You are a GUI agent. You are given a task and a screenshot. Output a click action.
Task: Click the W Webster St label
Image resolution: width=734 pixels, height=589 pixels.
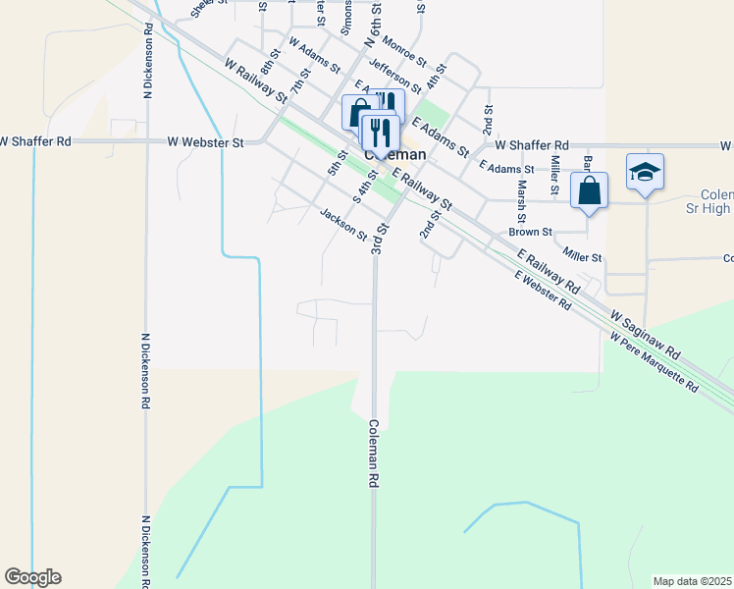coord(205,142)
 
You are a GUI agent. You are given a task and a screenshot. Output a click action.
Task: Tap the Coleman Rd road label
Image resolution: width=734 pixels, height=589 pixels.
coord(374,455)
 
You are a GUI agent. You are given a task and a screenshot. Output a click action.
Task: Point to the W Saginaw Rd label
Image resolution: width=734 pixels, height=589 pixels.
coord(646,336)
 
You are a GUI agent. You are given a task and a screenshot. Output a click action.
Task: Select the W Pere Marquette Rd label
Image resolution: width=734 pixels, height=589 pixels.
coord(654,363)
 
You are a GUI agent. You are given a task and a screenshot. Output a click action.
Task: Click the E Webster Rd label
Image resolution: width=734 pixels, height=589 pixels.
coord(544,291)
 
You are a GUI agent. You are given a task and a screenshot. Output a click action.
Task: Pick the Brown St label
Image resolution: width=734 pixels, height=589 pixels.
coord(530,233)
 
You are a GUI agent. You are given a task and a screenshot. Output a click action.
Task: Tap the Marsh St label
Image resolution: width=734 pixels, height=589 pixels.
coord(522,201)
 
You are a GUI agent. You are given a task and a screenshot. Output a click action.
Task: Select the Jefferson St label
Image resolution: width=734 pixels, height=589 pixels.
coord(395,77)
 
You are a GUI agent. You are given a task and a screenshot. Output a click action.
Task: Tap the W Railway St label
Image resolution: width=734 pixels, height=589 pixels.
coord(254,81)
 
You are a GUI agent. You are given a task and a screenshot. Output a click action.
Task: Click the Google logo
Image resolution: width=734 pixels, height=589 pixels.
coord(32,577)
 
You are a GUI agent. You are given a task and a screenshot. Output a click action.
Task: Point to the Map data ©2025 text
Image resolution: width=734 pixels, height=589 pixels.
coord(693,581)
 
